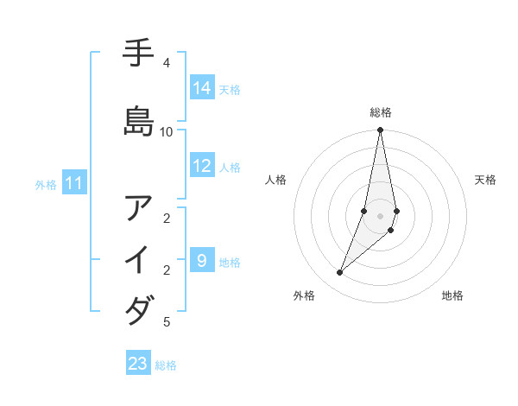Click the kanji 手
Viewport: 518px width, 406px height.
tap(139, 54)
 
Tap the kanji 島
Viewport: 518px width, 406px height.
tap(139, 120)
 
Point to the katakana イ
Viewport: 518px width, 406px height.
tap(139, 259)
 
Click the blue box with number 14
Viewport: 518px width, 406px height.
tap(202, 88)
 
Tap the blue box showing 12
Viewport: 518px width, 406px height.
tap(202, 166)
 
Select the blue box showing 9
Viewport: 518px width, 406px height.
tap(202, 260)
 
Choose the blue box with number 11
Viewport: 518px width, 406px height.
tap(75, 183)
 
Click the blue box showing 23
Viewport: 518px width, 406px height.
tap(138, 364)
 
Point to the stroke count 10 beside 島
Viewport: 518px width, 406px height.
tap(167, 131)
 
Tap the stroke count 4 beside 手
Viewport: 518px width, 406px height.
tap(167, 63)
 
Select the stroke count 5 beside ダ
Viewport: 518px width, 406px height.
tap(167, 322)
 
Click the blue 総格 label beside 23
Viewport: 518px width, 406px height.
tap(166, 365)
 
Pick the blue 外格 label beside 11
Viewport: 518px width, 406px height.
tap(46, 185)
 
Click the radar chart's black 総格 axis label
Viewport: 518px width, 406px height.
tap(381, 112)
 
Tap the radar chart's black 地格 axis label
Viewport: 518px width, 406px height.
tap(452, 296)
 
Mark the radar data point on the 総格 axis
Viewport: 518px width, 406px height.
tap(381, 130)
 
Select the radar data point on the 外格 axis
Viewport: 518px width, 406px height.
tap(339, 273)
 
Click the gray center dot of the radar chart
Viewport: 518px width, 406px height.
tap(381, 216)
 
